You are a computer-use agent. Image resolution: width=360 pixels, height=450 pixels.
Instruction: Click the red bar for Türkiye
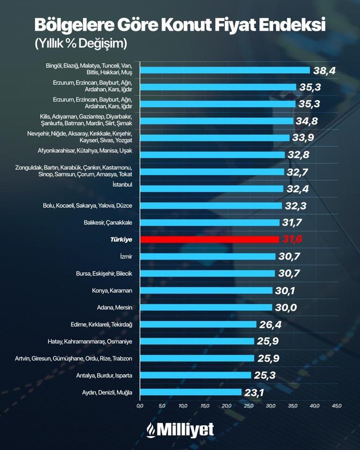pyautogui.click(x=209, y=240)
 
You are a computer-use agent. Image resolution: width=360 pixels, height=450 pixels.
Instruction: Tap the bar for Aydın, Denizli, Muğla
pyautogui.click(x=191, y=392)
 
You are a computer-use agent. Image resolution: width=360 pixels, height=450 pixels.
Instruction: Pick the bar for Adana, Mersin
pyautogui.click(x=206, y=307)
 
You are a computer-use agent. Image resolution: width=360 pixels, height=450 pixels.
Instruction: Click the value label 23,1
pyautogui.click(x=254, y=392)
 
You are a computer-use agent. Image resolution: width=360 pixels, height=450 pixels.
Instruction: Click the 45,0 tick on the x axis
pyautogui.click(x=337, y=405)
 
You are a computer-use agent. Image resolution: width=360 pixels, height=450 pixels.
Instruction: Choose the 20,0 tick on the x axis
pyautogui.click(x=227, y=405)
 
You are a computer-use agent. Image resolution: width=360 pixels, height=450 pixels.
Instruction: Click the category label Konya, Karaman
pyautogui.click(x=112, y=290)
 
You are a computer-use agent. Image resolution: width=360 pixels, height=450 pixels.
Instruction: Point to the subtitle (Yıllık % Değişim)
pyautogui.click(x=81, y=44)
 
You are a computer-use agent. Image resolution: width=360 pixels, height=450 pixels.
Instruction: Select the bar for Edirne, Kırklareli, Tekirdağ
pyautogui.click(x=198, y=324)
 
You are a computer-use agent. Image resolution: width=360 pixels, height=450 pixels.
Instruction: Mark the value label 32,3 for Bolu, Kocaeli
pyautogui.click(x=295, y=206)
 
